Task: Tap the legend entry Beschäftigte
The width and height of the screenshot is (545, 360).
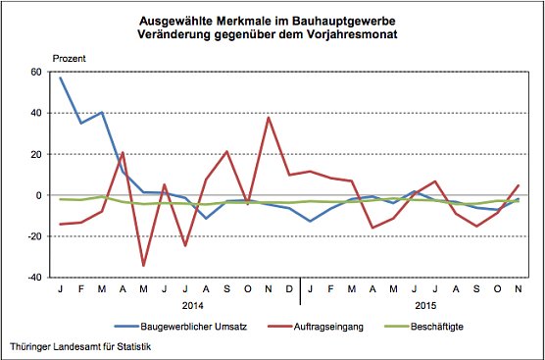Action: (x=439, y=324)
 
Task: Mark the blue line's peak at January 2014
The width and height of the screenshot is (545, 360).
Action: (x=60, y=77)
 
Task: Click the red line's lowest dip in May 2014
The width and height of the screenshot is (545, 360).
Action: (x=144, y=266)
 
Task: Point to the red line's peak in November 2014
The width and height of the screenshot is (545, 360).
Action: (x=269, y=118)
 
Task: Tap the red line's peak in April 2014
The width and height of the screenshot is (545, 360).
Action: (x=123, y=152)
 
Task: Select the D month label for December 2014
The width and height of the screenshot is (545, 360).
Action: (x=289, y=290)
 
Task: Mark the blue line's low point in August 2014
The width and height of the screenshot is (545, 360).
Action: (x=206, y=218)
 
